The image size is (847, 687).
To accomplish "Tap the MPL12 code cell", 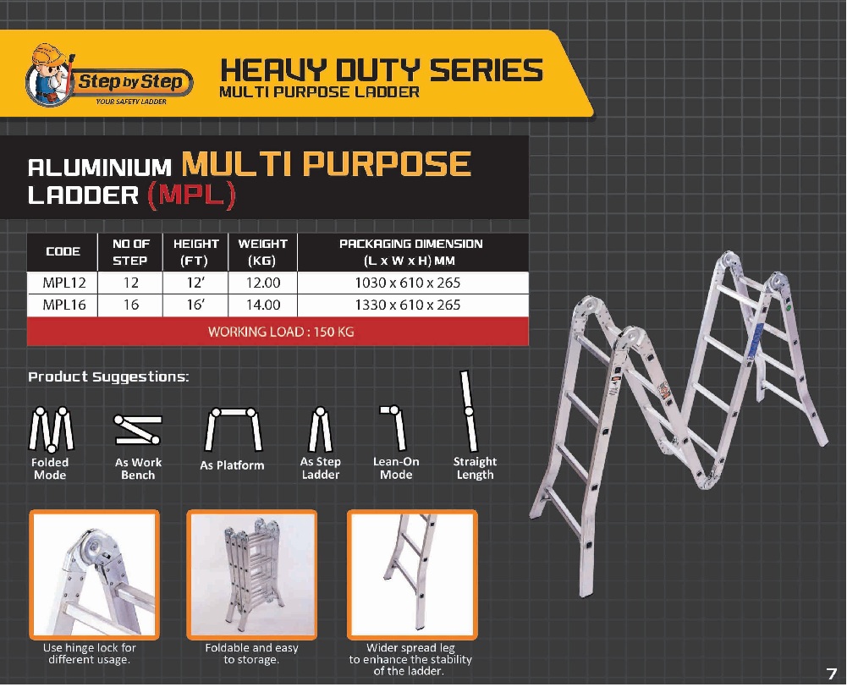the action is pyautogui.click(x=63, y=283).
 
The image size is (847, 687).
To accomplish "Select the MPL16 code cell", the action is pyautogui.click(x=63, y=305).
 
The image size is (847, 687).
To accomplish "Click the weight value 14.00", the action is pyautogui.click(x=263, y=305).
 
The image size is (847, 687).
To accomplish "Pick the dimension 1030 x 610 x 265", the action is pyautogui.click(x=408, y=283).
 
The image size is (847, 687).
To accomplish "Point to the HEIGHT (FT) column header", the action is pyautogui.click(x=195, y=252).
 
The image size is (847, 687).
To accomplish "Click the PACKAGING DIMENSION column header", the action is pyautogui.click(x=410, y=252).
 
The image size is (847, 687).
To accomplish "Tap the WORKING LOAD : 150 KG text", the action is pyautogui.click(x=281, y=332).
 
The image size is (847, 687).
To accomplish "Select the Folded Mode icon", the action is pyautogui.click(x=51, y=430).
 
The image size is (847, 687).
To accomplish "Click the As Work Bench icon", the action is pyautogui.click(x=138, y=430).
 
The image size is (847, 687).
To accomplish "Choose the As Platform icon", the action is pyautogui.click(x=233, y=430).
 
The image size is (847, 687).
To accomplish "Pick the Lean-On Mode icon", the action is pyautogui.click(x=394, y=428).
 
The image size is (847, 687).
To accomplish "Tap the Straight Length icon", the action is pyautogui.click(x=469, y=411).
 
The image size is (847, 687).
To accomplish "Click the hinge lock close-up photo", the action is pyautogui.click(x=94, y=574).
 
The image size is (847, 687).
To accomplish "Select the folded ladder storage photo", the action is pyautogui.click(x=251, y=574).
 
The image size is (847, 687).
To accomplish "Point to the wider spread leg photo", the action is pyautogui.click(x=412, y=574).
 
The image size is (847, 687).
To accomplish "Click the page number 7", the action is pyautogui.click(x=831, y=673).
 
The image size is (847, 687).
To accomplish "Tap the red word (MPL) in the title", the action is pyautogui.click(x=191, y=195).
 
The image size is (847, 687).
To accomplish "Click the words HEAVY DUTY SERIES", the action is pyautogui.click(x=382, y=70).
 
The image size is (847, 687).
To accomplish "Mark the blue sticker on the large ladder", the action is pyautogui.click(x=756, y=341).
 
